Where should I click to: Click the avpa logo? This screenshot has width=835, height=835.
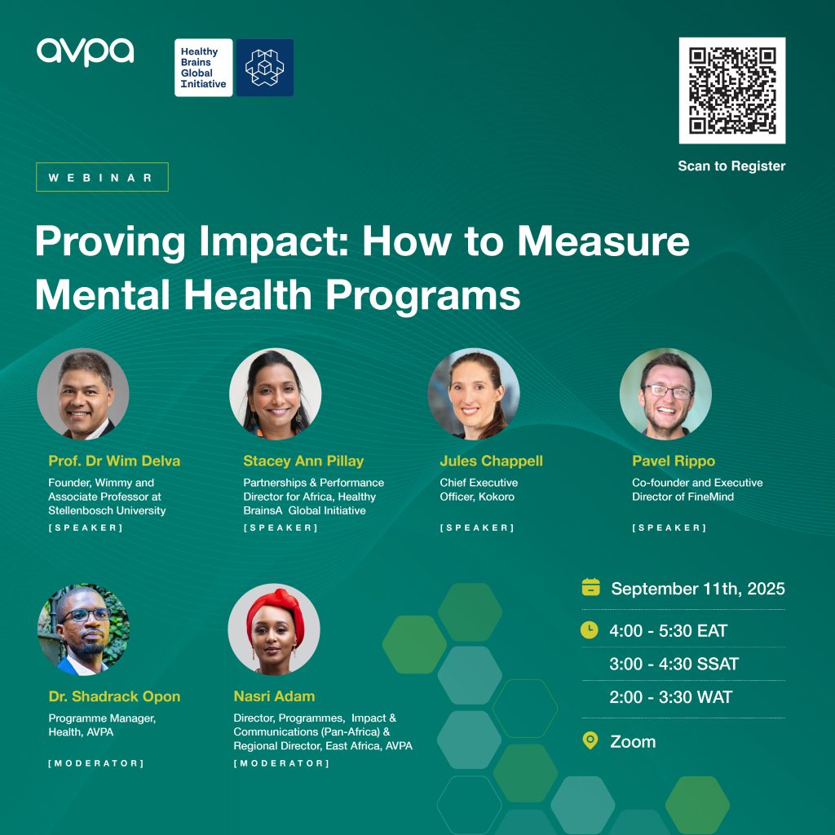85,51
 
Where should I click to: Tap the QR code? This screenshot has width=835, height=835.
731,91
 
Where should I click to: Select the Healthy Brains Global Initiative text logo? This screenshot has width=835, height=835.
203,68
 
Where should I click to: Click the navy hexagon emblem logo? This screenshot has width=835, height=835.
265,68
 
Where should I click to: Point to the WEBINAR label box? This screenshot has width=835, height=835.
102,177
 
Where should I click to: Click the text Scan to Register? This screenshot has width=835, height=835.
731,166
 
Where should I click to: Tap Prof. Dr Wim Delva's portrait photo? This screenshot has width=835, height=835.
83,394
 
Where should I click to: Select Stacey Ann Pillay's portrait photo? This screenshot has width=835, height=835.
276,394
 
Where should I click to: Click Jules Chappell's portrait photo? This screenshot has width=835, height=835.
474,394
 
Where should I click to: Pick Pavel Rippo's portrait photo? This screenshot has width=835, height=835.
665,394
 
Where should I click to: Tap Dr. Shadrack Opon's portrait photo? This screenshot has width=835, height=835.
83,630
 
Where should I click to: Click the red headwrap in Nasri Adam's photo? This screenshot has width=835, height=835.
276,612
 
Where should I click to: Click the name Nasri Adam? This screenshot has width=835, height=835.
274,696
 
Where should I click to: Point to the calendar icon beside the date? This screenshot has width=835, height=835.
590,587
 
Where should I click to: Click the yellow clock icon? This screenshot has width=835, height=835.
589,630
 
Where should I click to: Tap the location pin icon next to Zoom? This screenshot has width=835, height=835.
590,740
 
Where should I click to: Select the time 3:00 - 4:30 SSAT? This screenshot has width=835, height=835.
674,664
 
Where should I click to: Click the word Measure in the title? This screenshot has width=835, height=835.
603,241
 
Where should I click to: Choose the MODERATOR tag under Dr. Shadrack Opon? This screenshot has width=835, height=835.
96,763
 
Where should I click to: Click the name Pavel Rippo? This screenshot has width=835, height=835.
674,462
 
